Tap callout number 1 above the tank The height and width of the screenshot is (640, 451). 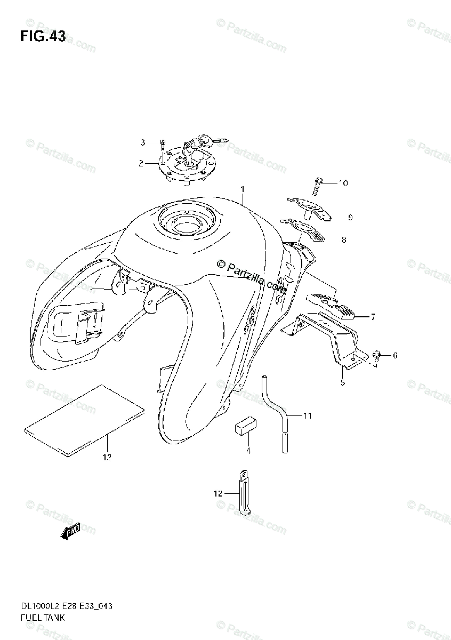click(x=242, y=189)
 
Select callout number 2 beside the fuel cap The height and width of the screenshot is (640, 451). click(x=141, y=164)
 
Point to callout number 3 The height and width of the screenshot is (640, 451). click(x=143, y=142)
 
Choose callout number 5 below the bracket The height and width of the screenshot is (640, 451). click(x=343, y=382)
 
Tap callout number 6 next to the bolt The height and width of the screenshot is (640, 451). click(x=395, y=355)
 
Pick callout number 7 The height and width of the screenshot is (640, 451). click(x=373, y=317)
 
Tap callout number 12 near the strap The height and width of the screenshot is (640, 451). click(x=217, y=494)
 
